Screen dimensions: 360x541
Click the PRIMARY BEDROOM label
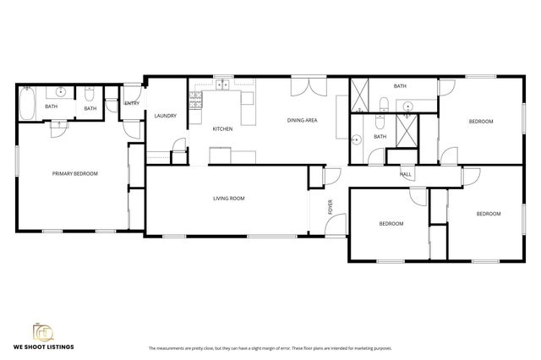pos(75,173)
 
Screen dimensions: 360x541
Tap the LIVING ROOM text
pos(228,199)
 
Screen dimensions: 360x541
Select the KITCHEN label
pos(222,128)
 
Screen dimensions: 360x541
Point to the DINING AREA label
pos(302,121)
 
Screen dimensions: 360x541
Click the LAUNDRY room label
pos(164,116)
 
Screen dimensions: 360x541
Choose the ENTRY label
pos(132,103)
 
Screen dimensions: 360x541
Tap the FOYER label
pos(331,206)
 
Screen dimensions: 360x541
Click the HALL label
pos(406,174)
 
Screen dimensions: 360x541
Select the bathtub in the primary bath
pos(27,105)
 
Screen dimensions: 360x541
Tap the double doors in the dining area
pos(308,87)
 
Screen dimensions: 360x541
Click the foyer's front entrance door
pos(337,225)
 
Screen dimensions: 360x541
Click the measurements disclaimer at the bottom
pos(270,347)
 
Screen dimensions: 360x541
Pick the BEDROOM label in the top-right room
pos(480,122)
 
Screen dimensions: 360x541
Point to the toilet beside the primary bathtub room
pos(90,97)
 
